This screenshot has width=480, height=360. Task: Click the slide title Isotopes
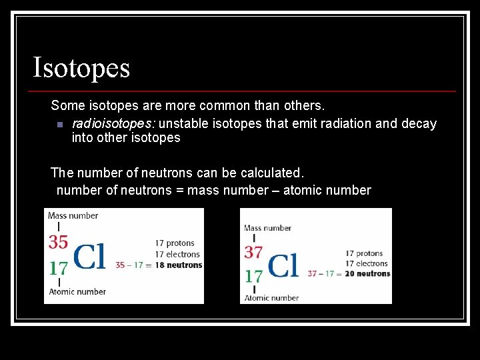coord(81,67)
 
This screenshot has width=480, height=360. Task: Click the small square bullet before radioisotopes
coord(59,125)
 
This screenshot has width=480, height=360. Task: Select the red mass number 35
coord(58,241)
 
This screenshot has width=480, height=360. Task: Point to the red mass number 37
coord(253,252)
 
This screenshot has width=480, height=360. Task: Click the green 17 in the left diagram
coord(58,268)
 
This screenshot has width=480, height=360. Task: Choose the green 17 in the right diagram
coord(253,275)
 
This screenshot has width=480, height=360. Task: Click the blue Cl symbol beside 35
coord(89,255)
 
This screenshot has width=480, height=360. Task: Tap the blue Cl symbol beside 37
coord(283,265)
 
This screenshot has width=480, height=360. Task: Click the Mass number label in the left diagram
coord(73,215)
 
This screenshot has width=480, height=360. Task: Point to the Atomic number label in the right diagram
coord(271,297)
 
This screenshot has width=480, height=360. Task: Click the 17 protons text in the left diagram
coord(175,243)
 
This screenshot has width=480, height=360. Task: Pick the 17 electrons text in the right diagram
coord(367,263)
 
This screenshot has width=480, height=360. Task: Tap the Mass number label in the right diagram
coord(267,228)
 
